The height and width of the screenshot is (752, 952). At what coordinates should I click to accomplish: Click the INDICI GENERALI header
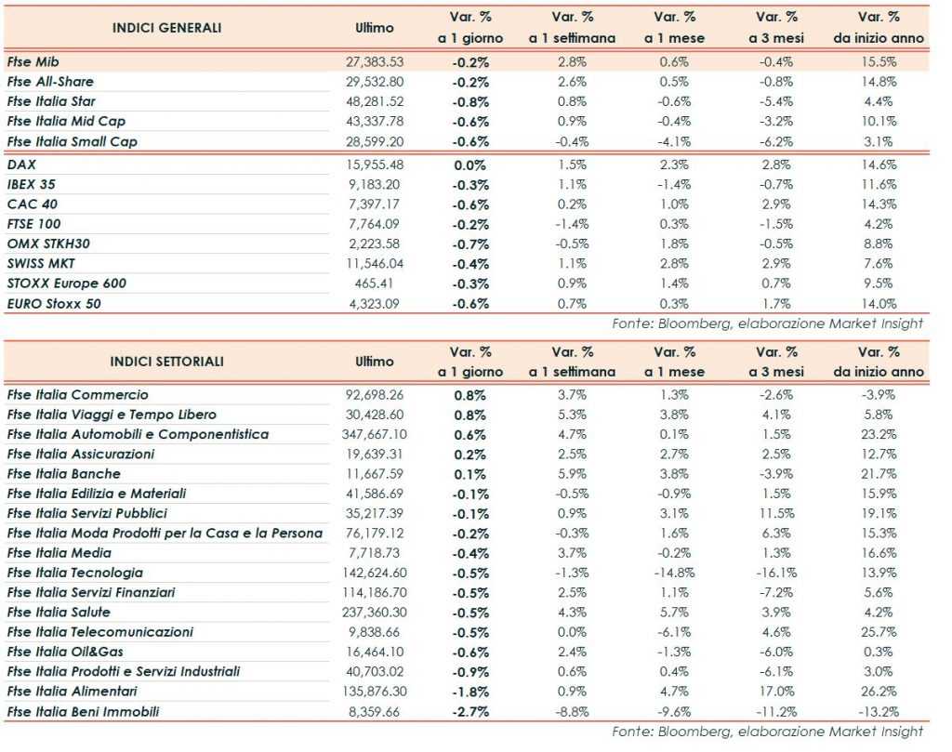pos(166,28)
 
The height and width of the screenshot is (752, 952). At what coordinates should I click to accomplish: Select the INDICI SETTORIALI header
pos(166,362)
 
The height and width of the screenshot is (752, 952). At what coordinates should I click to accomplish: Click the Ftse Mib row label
pos(33,61)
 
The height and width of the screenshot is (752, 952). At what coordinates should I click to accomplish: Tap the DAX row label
pos(21,165)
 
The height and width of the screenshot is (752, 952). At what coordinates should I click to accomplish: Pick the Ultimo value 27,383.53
pos(375,61)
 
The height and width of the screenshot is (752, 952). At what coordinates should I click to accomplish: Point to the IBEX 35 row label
pos(33,184)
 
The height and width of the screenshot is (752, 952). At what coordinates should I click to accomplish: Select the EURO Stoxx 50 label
pos(53,303)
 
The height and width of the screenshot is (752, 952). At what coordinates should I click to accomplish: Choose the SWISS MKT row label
pos(41,263)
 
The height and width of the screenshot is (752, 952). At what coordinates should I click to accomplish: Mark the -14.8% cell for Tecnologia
pos(674,573)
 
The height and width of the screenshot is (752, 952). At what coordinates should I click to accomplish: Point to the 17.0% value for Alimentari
pos(776,692)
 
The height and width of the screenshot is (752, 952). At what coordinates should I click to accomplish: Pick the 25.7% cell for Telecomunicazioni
pos(879,632)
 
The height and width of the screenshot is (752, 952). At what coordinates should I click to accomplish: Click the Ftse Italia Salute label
pos(59,613)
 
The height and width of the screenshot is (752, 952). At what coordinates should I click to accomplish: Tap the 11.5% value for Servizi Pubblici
pos(776,513)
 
